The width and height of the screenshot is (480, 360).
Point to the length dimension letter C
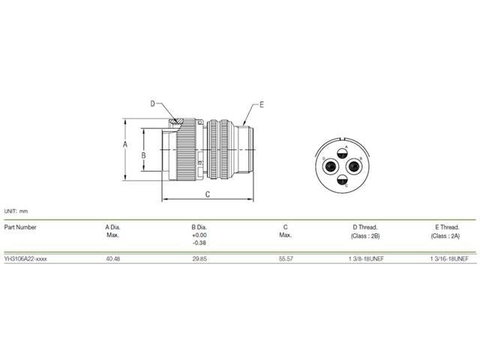[207, 193]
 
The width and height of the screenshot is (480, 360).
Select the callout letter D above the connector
[152, 103]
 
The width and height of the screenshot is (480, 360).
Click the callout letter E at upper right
[261, 104]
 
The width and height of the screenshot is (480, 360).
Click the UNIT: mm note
[16, 211]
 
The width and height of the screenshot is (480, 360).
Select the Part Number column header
[20, 226]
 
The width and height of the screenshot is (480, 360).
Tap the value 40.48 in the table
[113, 259]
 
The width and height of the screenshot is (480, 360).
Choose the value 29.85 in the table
[199, 259]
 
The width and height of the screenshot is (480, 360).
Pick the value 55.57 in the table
[285, 259]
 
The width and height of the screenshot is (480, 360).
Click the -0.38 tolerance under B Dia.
[199, 244]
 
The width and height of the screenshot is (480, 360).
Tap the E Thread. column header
[446, 226]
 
